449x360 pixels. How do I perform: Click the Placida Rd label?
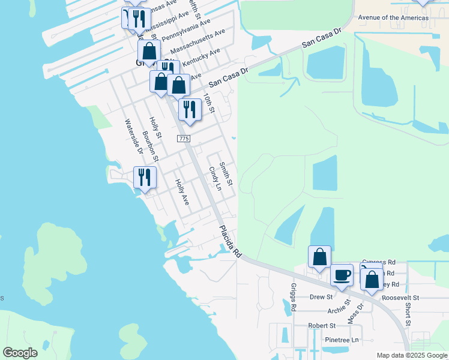229,242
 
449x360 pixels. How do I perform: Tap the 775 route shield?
184,139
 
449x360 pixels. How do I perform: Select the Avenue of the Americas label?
393,17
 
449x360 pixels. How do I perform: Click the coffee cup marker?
342,275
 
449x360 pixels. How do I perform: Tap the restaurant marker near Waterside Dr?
145,178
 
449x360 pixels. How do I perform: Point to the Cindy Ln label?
214,179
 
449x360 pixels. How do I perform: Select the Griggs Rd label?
294,297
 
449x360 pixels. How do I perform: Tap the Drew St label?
321,297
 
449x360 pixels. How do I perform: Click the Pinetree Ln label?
341,340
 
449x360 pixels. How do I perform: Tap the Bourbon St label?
150,147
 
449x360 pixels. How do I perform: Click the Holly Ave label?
182,193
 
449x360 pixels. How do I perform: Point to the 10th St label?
208,102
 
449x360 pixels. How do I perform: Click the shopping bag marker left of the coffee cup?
319,257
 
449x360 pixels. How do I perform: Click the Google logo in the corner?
20,353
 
